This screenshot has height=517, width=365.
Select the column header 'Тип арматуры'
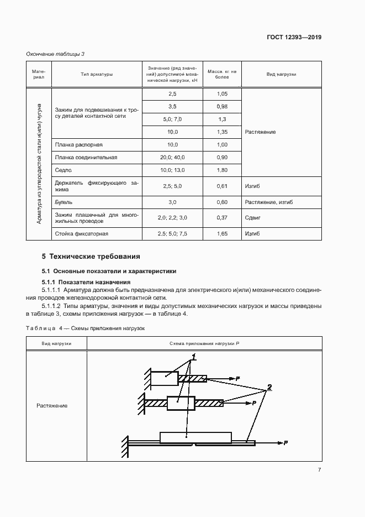(x=96, y=74)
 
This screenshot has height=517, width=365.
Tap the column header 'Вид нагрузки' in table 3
(x=281, y=74)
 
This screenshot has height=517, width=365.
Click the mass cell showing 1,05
(x=222, y=94)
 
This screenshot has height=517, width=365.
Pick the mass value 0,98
(x=222, y=106)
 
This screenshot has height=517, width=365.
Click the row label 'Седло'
(x=61, y=170)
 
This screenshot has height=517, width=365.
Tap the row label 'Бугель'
(x=64, y=202)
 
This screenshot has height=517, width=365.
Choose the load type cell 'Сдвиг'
(x=252, y=218)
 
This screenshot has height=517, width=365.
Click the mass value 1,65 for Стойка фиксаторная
(x=222, y=234)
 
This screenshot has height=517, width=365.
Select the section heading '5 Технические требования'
(x=91, y=257)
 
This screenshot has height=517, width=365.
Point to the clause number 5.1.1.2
(x=51, y=306)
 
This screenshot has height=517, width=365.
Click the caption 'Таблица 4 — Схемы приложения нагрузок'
(x=85, y=328)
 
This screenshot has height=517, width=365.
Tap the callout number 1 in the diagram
(x=194, y=357)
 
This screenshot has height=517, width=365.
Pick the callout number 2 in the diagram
(x=269, y=387)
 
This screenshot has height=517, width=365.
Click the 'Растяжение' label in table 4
(x=52, y=406)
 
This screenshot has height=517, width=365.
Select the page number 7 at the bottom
(x=319, y=470)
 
